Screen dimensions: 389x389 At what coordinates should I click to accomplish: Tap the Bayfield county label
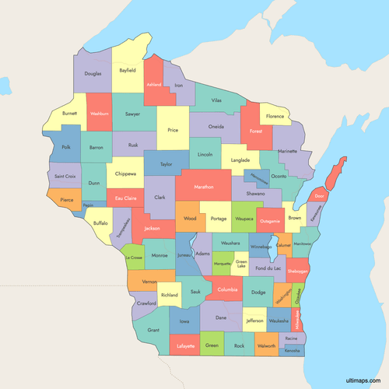(x=128, y=70)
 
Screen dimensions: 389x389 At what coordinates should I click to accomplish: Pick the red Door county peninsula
(x=320, y=195)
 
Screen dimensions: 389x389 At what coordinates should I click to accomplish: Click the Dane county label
(x=221, y=317)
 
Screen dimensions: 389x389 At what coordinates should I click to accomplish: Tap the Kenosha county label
(x=292, y=351)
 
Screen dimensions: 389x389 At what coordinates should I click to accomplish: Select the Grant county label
(x=153, y=330)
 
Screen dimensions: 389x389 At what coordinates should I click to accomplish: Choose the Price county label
(x=173, y=130)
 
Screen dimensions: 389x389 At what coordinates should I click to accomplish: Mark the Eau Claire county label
(x=125, y=199)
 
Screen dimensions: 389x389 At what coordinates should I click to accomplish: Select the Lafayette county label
(x=185, y=345)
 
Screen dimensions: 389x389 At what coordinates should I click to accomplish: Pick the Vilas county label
(x=216, y=101)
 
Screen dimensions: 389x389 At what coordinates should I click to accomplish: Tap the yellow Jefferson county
(x=254, y=320)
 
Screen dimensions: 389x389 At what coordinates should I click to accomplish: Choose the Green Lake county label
(x=241, y=264)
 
